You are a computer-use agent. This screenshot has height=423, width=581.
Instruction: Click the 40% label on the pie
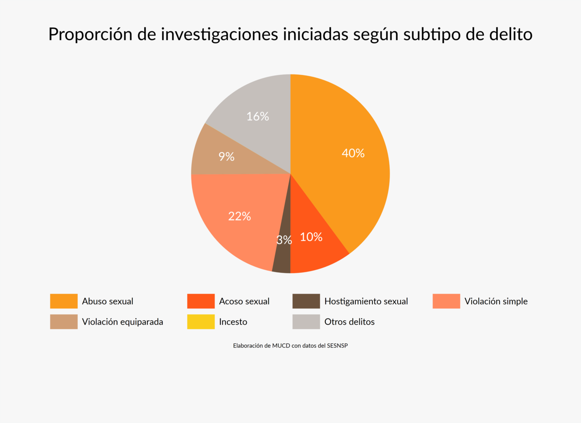click(x=353, y=153)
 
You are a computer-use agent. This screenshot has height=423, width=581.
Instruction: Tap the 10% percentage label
click(x=311, y=237)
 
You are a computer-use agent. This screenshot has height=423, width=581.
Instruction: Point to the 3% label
click(x=284, y=240)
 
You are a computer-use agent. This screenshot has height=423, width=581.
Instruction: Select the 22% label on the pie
click(x=240, y=217)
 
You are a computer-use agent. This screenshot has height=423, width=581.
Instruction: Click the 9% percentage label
click(x=226, y=157)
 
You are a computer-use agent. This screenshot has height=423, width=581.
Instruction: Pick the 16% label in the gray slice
click(x=258, y=116)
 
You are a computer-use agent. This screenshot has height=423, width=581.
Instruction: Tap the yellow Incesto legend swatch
click(x=201, y=322)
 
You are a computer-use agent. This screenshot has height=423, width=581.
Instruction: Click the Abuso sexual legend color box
click(x=64, y=301)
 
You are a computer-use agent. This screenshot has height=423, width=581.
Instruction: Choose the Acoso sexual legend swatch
click(x=201, y=301)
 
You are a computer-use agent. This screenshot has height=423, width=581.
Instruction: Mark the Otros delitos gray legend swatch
click(x=306, y=322)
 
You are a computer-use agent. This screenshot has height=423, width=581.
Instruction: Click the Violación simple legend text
click(x=496, y=301)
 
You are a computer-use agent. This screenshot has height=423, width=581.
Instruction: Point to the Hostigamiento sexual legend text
click(x=366, y=301)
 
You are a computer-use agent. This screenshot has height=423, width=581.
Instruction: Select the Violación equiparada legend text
click(x=123, y=322)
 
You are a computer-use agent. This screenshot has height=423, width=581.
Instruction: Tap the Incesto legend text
click(x=233, y=322)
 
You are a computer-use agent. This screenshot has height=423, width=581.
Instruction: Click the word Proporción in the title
click(x=90, y=34)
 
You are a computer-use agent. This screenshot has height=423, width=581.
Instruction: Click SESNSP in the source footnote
click(x=337, y=346)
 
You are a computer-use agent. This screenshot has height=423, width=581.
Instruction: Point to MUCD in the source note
click(x=281, y=346)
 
